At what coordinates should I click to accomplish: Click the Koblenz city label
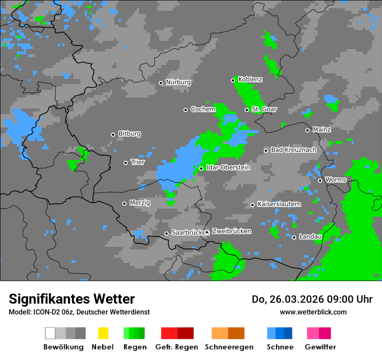250,80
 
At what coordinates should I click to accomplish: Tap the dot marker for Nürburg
161,83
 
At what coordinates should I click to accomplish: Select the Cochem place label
203,109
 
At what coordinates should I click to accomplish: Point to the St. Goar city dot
247,110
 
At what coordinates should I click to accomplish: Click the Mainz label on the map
322,130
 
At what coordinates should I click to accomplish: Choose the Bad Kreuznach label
293,150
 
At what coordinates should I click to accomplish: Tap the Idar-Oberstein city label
228,168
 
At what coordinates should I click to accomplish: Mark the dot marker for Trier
126,163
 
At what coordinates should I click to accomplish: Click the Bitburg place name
129,134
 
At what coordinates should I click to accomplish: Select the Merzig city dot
124,203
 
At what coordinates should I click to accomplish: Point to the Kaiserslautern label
279,204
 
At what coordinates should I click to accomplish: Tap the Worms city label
336,180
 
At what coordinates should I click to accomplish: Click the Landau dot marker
294,237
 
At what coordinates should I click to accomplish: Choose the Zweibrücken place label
232,232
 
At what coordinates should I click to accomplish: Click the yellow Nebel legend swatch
103,333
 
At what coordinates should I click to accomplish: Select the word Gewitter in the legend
320,347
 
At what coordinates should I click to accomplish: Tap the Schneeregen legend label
229,347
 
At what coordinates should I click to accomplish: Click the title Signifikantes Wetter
72,299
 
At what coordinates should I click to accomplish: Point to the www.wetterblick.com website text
313,312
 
